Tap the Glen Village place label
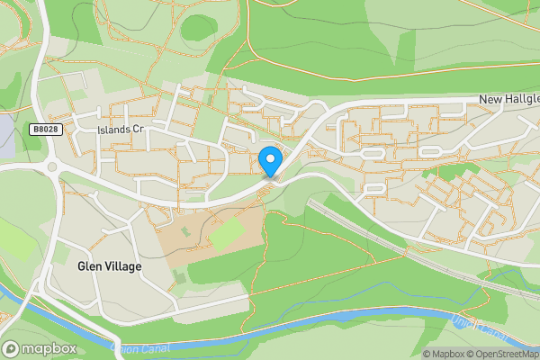click(x=109, y=266)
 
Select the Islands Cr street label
click(x=121, y=130)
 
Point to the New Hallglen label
click(x=509, y=99)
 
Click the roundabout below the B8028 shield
click(x=50, y=166)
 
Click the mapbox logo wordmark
click(x=49, y=347)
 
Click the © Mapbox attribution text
click(x=446, y=354)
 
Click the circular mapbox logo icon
click(x=12, y=347)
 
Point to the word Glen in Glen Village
click(x=88, y=266)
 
